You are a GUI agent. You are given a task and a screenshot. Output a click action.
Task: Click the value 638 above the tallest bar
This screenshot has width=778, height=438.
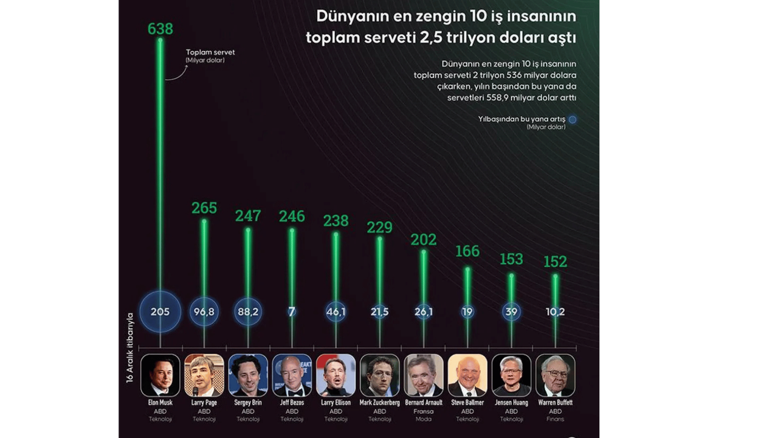[x=160, y=29]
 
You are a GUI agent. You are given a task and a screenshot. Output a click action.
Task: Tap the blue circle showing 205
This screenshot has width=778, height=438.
[x=160, y=311]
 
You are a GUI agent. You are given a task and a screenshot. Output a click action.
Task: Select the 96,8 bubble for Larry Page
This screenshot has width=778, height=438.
[x=204, y=311]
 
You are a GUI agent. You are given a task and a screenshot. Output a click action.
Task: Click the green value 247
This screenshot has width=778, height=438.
[x=248, y=216]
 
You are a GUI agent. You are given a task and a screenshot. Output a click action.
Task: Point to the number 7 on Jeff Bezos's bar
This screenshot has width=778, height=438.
[x=292, y=311]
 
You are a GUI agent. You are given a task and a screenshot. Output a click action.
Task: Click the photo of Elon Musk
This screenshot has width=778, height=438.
[x=160, y=375]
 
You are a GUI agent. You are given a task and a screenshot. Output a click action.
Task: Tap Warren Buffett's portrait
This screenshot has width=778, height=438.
[x=555, y=375]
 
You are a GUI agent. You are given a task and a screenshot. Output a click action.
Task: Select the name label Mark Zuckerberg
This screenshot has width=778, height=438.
[x=380, y=403]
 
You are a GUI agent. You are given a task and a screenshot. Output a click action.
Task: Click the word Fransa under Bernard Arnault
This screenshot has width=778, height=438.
[x=424, y=411]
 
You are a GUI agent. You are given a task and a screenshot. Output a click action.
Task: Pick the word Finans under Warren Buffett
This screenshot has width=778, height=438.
[x=555, y=419]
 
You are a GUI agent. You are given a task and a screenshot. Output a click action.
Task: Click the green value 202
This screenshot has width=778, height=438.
[x=424, y=240]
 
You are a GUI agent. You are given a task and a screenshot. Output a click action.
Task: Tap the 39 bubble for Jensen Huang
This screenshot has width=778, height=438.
[x=511, y=311]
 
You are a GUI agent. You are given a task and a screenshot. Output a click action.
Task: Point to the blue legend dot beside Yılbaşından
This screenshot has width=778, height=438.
[x=572, y=120]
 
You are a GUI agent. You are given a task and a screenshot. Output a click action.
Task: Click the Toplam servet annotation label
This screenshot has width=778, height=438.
[x=210, y=52]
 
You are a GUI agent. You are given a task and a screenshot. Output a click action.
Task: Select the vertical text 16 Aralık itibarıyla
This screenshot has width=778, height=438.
[x=129, y=348]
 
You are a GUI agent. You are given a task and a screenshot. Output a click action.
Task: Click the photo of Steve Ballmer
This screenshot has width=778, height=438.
[x=467, y=375]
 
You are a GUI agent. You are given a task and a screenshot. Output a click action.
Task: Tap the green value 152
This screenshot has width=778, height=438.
[x=555, y=262]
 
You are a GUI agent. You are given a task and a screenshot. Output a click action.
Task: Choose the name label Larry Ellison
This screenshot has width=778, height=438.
[x=336, y=403]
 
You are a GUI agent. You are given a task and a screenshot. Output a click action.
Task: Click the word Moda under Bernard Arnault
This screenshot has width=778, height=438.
[x=424, y=419]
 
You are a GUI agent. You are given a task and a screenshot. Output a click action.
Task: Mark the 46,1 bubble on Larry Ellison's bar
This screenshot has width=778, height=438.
[x=336, y=311]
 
